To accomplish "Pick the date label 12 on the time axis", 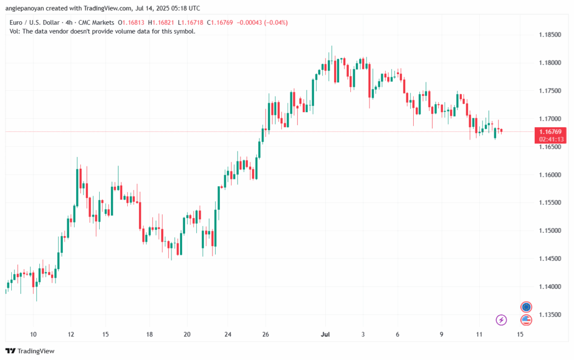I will coord(71,334).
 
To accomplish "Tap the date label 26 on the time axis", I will coord(266,334).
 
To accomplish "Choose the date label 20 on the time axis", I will coord(187,334).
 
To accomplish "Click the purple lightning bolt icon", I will coord(501,320).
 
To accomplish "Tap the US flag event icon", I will coord(526,320).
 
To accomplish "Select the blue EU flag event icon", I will coord(526,307).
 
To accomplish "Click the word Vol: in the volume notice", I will coord(15,31).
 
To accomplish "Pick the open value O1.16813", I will coord(129,22).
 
